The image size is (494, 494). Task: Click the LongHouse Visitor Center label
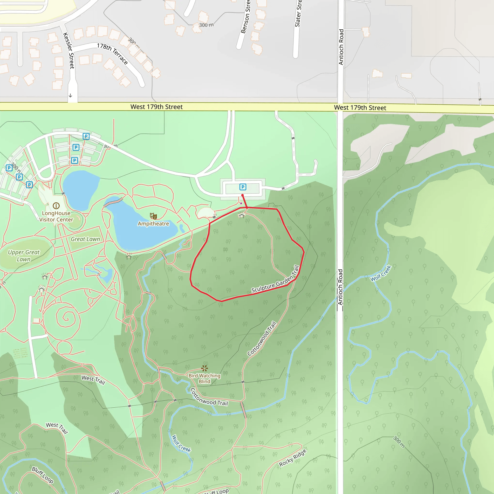coord(56,216)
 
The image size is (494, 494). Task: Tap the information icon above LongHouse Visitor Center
coord(56,206)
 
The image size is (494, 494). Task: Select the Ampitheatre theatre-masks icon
coord(153,216)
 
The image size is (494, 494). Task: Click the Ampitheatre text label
coord(153,224)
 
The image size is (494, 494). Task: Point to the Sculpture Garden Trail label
coord(276,280)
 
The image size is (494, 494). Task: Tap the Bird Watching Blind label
coord(204,378)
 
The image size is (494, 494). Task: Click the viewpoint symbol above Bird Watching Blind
coord(204,368)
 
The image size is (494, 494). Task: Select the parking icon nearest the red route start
coord(243,187)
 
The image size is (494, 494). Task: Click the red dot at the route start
coord(242,195)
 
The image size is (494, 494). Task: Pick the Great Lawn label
coord(85,239)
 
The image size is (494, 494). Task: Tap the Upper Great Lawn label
coord(24,255)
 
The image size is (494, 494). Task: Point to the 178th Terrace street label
coord(112,54)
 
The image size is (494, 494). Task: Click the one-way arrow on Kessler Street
coord(70,96)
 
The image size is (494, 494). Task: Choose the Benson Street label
coord(245,17)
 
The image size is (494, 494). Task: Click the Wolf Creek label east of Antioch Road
coord(381,273)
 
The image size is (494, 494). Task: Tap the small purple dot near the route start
coord(241,203)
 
